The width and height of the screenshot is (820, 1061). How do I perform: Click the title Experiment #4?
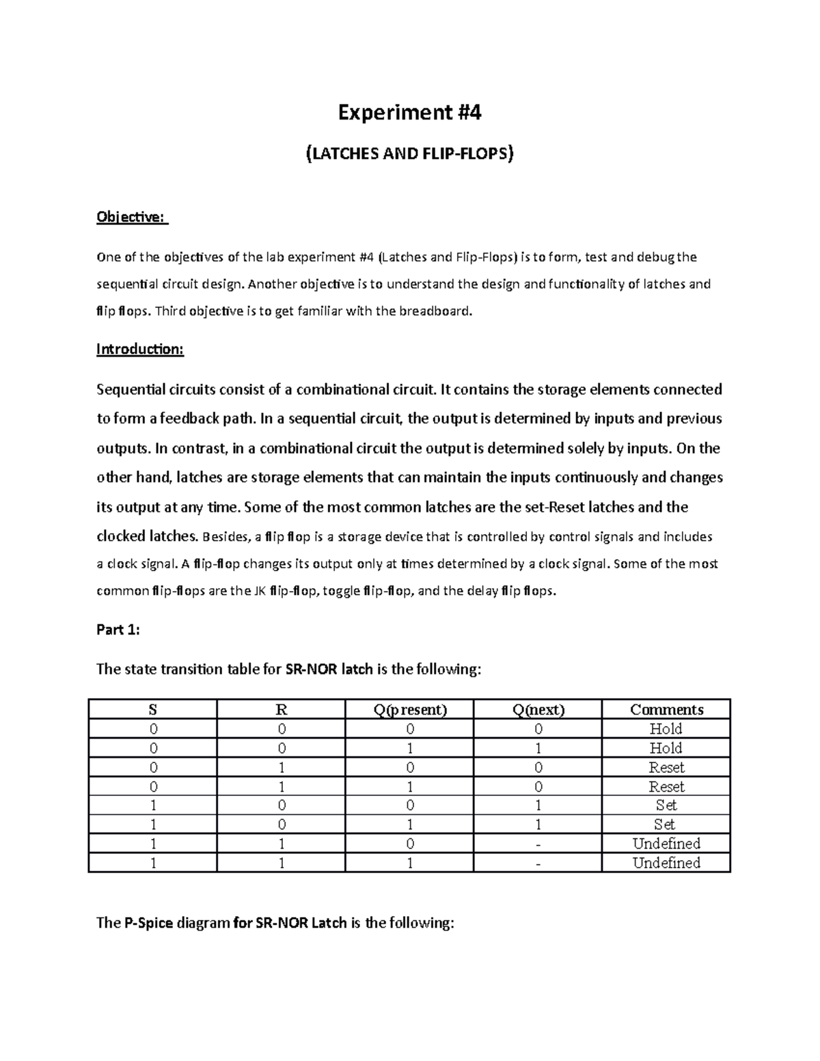click(410, 111)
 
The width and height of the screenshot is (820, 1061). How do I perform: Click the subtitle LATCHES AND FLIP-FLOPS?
click(409, 154)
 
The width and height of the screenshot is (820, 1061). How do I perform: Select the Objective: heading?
click(131, 217)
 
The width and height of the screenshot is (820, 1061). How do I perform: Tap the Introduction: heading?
click(140, 349)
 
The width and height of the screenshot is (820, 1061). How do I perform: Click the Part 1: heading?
click(118, 630)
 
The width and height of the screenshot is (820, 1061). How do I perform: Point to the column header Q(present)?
click(409, 709)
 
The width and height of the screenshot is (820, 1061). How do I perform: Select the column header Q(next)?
click(538, 709)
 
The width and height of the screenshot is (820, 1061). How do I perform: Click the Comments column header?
click(666, 709)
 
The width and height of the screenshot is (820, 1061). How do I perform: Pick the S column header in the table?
click(152, 709)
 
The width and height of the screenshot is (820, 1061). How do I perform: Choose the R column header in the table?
click(281, 709)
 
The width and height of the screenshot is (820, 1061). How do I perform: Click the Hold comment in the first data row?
click(666, 728)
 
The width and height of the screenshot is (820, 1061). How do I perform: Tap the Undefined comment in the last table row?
click(666, 863)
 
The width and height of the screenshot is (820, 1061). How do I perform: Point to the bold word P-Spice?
click(148, 923)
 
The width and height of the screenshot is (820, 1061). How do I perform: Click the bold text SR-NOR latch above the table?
click(328, 669)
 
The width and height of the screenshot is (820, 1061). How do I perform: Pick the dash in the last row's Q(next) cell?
click(538, 864)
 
